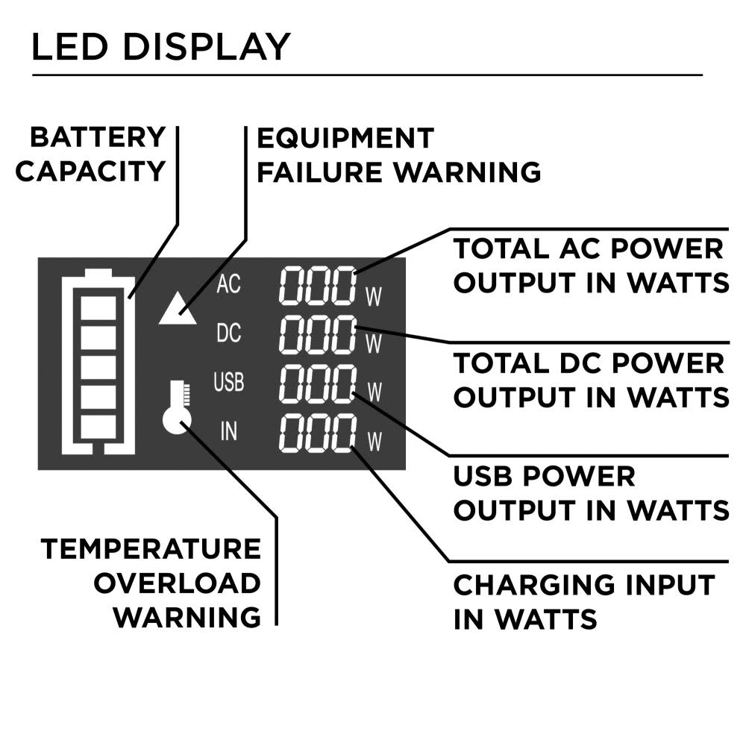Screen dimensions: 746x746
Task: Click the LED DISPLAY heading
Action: pos(160,46)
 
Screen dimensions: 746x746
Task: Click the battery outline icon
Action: pos(99,362)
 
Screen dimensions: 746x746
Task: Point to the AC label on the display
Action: pos(228,284)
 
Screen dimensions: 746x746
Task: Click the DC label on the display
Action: pos(228,333)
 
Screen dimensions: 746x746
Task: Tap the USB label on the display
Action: pos(228,383)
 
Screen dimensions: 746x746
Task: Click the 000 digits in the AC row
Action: pos(317,284)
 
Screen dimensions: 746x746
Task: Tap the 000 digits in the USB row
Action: pos(317,384)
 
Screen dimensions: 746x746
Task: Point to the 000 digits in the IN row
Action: pos(317,433)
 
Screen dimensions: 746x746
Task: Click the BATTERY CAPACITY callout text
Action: pos(91,154)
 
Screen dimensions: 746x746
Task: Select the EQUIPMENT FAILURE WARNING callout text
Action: pos(398,155)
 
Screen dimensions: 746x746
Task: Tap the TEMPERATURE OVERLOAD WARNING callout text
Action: pos(151,583)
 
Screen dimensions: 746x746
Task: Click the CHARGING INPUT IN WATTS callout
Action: pos(584,602)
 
